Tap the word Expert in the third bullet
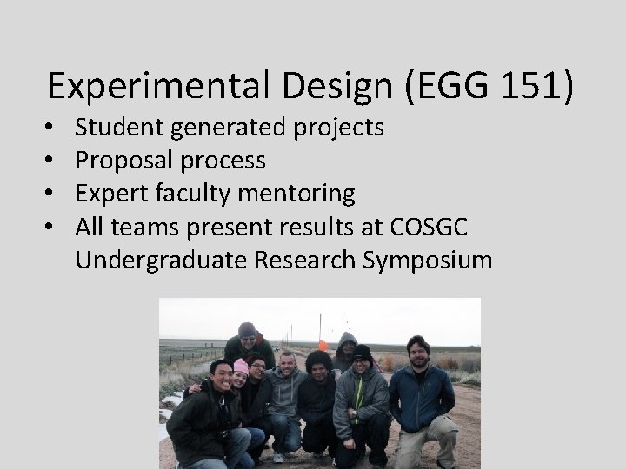click(x=110, y=194)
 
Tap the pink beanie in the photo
click(x=241, y=366)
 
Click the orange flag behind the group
click(x=323, y=345)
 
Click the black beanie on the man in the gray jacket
click(x=363, y=352)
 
